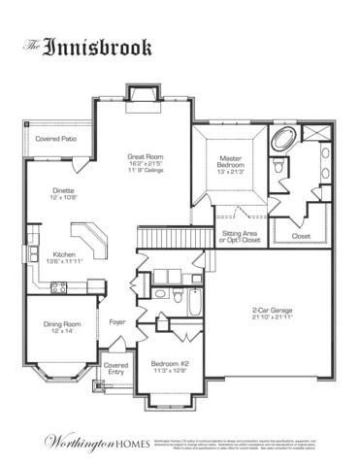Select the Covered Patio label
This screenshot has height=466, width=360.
54,139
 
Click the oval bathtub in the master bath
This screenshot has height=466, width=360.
285,137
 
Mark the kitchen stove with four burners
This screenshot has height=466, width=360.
57,287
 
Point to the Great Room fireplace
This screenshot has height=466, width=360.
143,95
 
